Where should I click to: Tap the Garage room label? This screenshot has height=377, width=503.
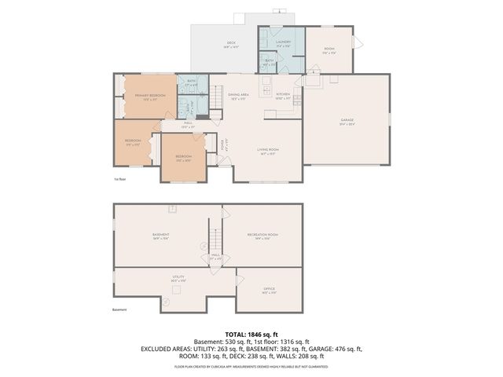(347, 120)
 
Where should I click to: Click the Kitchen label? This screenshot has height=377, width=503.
(283, 94)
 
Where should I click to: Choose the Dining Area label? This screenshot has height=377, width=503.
(239, 95)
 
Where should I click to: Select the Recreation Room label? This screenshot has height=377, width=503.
(263, 235)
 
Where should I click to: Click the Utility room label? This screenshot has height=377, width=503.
(178, 277)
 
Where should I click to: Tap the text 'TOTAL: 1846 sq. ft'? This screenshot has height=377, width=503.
(251, 334)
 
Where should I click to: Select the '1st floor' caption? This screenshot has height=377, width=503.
(119, 179)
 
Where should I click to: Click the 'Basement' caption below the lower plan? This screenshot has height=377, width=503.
(119, 309)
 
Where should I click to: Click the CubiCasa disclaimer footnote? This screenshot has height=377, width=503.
(251, 366)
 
